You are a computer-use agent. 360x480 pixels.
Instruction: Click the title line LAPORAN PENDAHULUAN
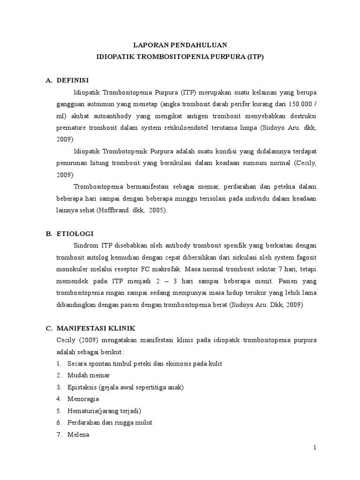click(180, 45)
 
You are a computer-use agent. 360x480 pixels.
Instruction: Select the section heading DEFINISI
click(73, 80)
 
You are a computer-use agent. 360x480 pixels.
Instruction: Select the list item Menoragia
click(83, 399)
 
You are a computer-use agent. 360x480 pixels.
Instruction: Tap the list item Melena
click(78, 435)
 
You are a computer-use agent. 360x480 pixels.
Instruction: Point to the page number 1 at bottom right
click(315, 448)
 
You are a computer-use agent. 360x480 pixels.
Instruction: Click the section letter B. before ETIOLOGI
click(48, 233)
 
